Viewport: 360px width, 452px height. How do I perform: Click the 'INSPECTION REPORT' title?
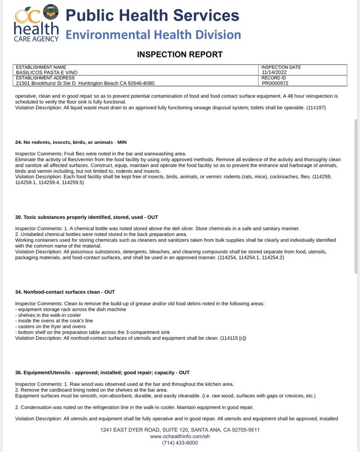[180, 55]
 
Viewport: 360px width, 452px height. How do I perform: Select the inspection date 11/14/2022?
[275, 72]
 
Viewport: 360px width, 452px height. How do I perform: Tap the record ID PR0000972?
[275, 83]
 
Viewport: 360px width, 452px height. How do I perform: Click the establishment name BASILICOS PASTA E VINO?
[47, 72]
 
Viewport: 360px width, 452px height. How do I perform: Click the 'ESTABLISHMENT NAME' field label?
[41, 67]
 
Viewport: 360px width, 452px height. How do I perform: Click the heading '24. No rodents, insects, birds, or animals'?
[71, 142]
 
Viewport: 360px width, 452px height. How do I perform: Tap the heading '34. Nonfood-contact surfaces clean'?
[65, 292]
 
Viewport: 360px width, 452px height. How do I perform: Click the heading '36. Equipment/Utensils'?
[102, 372]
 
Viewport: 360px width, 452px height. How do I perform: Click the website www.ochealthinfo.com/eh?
[180, 436]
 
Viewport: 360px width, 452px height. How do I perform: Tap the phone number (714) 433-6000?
[180, 443]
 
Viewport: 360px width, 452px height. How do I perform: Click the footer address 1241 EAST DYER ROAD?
[180, 430]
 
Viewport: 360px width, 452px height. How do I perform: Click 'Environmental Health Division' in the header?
[153, 35]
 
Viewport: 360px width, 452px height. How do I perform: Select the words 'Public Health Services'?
[152, 15]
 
